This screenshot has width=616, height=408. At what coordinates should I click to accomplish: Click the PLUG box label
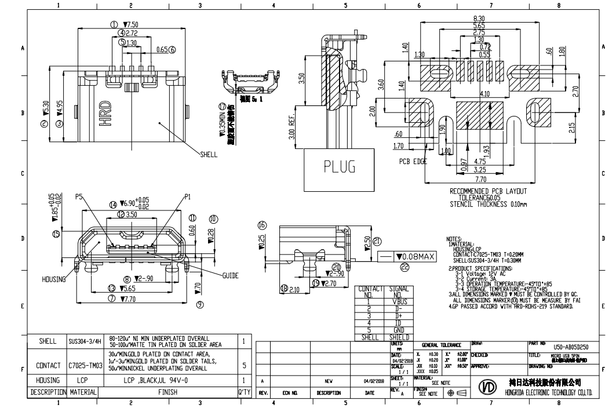click(x=340, y=167)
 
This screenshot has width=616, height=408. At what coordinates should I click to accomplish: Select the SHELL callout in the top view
click(x=209, y=155)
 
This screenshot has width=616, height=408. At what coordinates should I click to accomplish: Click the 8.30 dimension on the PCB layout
click(x=479, y=19)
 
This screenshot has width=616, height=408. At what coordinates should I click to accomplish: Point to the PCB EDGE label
click(x=413, y=161)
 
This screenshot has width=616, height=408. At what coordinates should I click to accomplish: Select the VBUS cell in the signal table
click(x=399, y=301)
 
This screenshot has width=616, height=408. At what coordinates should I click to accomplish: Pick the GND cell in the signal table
click(x=399, y=329)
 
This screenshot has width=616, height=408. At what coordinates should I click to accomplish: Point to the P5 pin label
click(x=80, y=197)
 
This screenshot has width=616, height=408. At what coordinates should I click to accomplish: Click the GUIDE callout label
click(x=234, y=276)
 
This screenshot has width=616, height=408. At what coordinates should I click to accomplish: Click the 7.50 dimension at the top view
click(x=130, y=25)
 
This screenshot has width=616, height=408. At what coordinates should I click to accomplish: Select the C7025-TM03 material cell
click(x=85, y=366)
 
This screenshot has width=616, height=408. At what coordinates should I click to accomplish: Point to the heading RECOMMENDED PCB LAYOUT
click(x=489, y=191)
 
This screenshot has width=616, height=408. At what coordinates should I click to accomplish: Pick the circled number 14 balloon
click(x=113, y=203)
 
